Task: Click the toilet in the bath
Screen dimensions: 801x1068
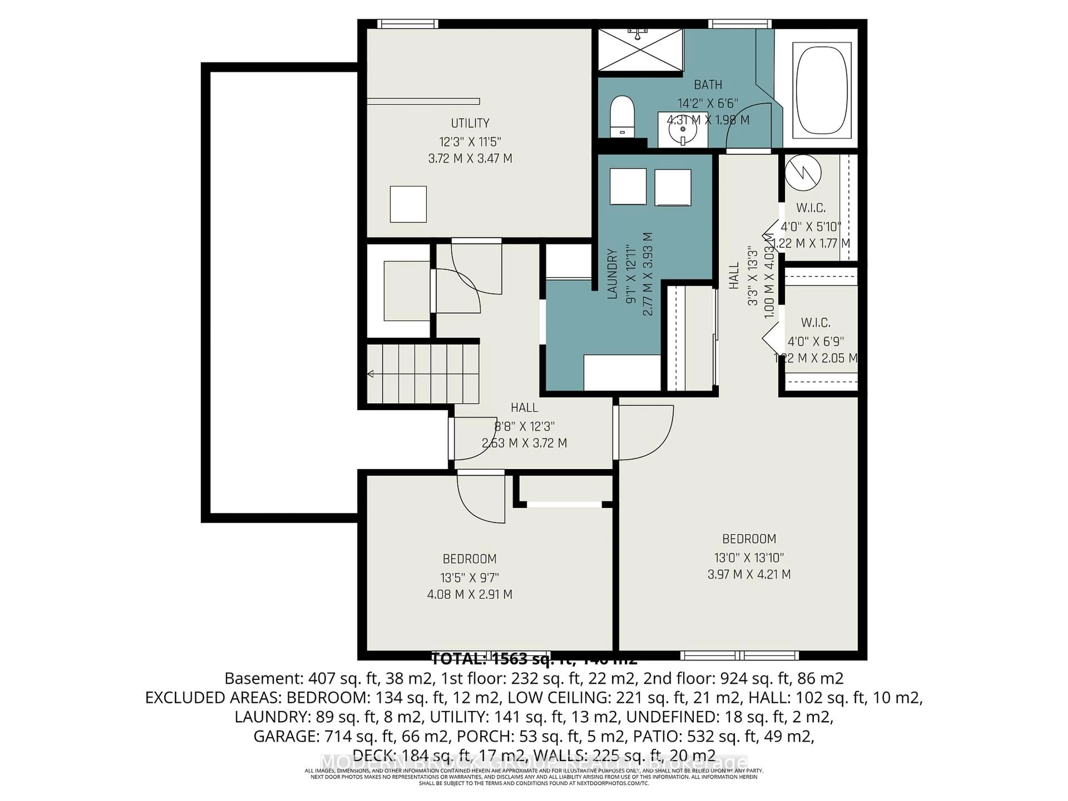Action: [621, 116]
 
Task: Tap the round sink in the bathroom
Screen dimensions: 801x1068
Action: [683, 129]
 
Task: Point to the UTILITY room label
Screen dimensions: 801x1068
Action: [470, 123]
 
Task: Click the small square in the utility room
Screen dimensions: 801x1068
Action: [408, 204]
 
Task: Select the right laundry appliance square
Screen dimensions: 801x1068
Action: [673, 188]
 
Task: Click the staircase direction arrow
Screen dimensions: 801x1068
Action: [371, 374]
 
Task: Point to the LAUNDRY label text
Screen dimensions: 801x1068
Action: [612, 274]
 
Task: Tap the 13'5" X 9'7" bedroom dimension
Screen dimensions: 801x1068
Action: [469, 577]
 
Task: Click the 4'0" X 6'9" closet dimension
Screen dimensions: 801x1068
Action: [815, 341]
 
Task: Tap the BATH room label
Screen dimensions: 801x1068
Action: [708, 85]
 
